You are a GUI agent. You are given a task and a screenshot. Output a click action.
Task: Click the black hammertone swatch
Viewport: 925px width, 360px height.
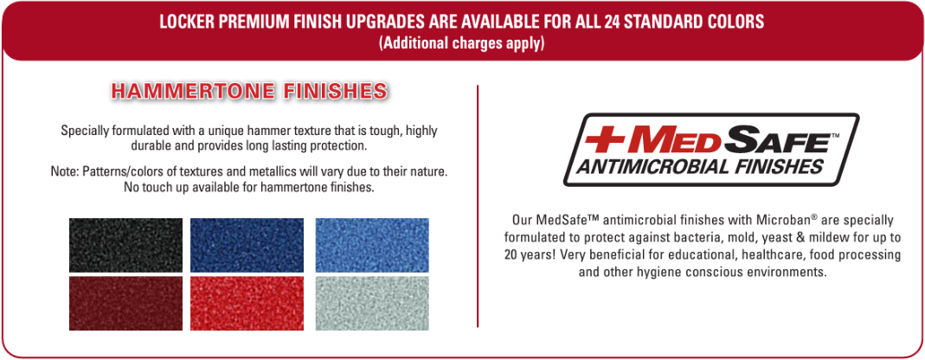[x=125, y=246]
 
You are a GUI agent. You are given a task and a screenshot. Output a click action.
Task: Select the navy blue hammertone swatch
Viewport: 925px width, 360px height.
[x=247, y=246]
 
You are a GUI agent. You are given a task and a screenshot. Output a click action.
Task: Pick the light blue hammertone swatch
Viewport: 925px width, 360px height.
[x=372, y=246]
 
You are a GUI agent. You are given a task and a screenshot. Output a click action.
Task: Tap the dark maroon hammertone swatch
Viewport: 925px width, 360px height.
[x=125, y=304]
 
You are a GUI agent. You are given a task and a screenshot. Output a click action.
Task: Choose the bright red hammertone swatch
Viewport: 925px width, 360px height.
[x=247, y=304]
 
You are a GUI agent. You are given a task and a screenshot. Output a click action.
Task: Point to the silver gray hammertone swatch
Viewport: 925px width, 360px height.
[x=372, y=304]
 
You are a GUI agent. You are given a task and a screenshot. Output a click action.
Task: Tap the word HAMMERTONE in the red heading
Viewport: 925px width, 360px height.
[x=193, y=92]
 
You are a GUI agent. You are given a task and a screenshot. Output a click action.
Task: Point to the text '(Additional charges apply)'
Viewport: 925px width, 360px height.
[x=462, y=43]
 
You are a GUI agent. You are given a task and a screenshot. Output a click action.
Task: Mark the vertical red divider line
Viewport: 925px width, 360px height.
[x=478, y=206]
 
